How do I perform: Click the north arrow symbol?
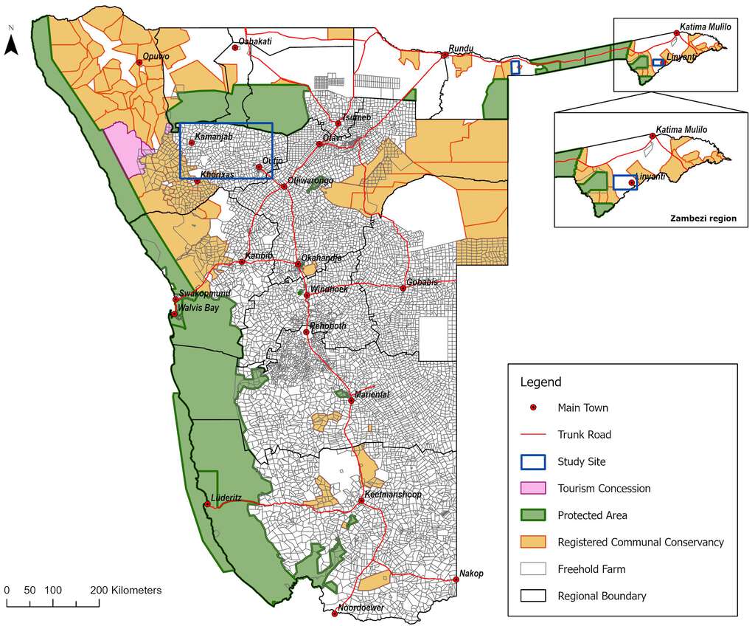(11, 44)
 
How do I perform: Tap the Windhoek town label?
(329, 289)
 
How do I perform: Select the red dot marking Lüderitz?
(206, 506)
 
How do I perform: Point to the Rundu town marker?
(445, 55)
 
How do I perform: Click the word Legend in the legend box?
(540, 382)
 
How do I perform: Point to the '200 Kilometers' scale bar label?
(126, 591)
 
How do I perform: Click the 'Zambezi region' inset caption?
(703, 219)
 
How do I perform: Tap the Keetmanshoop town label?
(393, 494)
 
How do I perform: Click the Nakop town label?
(471, 573)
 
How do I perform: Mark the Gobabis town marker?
(403, 288)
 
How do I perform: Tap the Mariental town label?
(372, 394)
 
